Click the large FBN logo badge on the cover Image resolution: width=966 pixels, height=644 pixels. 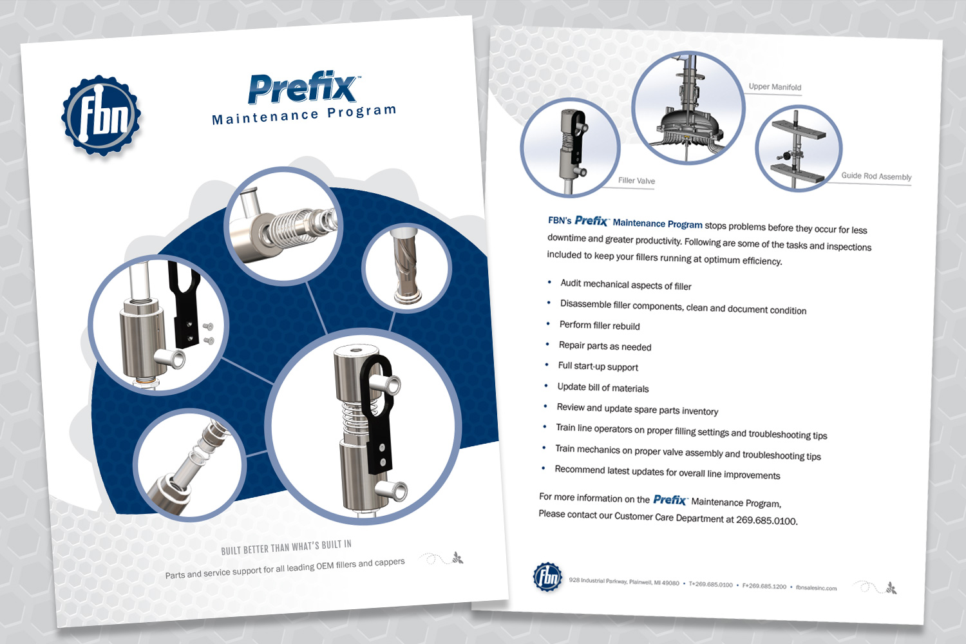101,115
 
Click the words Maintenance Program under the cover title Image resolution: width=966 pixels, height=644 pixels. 304,115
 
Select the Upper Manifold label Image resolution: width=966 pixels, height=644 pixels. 775,87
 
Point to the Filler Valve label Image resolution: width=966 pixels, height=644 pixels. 636,180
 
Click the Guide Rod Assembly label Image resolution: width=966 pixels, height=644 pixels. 876,176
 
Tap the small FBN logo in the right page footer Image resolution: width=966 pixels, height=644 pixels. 547,576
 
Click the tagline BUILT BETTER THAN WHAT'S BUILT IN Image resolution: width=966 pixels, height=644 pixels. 287,547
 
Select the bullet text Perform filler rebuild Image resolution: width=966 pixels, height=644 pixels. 600,325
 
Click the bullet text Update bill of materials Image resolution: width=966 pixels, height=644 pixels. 603,387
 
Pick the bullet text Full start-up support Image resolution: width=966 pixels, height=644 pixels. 598,366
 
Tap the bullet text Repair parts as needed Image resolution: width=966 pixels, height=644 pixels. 605,346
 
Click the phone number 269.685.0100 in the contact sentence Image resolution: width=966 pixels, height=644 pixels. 766,520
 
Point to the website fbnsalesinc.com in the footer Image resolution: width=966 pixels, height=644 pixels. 817,587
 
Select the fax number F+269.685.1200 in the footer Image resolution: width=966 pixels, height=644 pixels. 764,586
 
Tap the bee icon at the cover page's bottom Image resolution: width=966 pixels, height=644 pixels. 457,558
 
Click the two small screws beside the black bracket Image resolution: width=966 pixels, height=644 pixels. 208,333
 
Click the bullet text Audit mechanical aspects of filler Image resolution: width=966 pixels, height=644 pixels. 626,285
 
